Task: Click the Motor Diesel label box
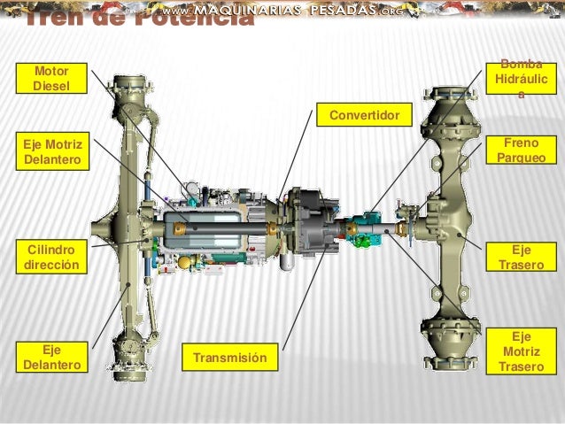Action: tap(49, 78)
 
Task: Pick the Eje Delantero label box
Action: tap(54, 356)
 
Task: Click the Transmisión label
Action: tap(230, 357)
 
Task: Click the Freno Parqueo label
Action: tap(522, 150)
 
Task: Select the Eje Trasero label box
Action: tap(522, 256)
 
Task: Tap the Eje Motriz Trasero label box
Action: tap(522, 351)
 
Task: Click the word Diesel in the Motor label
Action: tap(49, 86)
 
